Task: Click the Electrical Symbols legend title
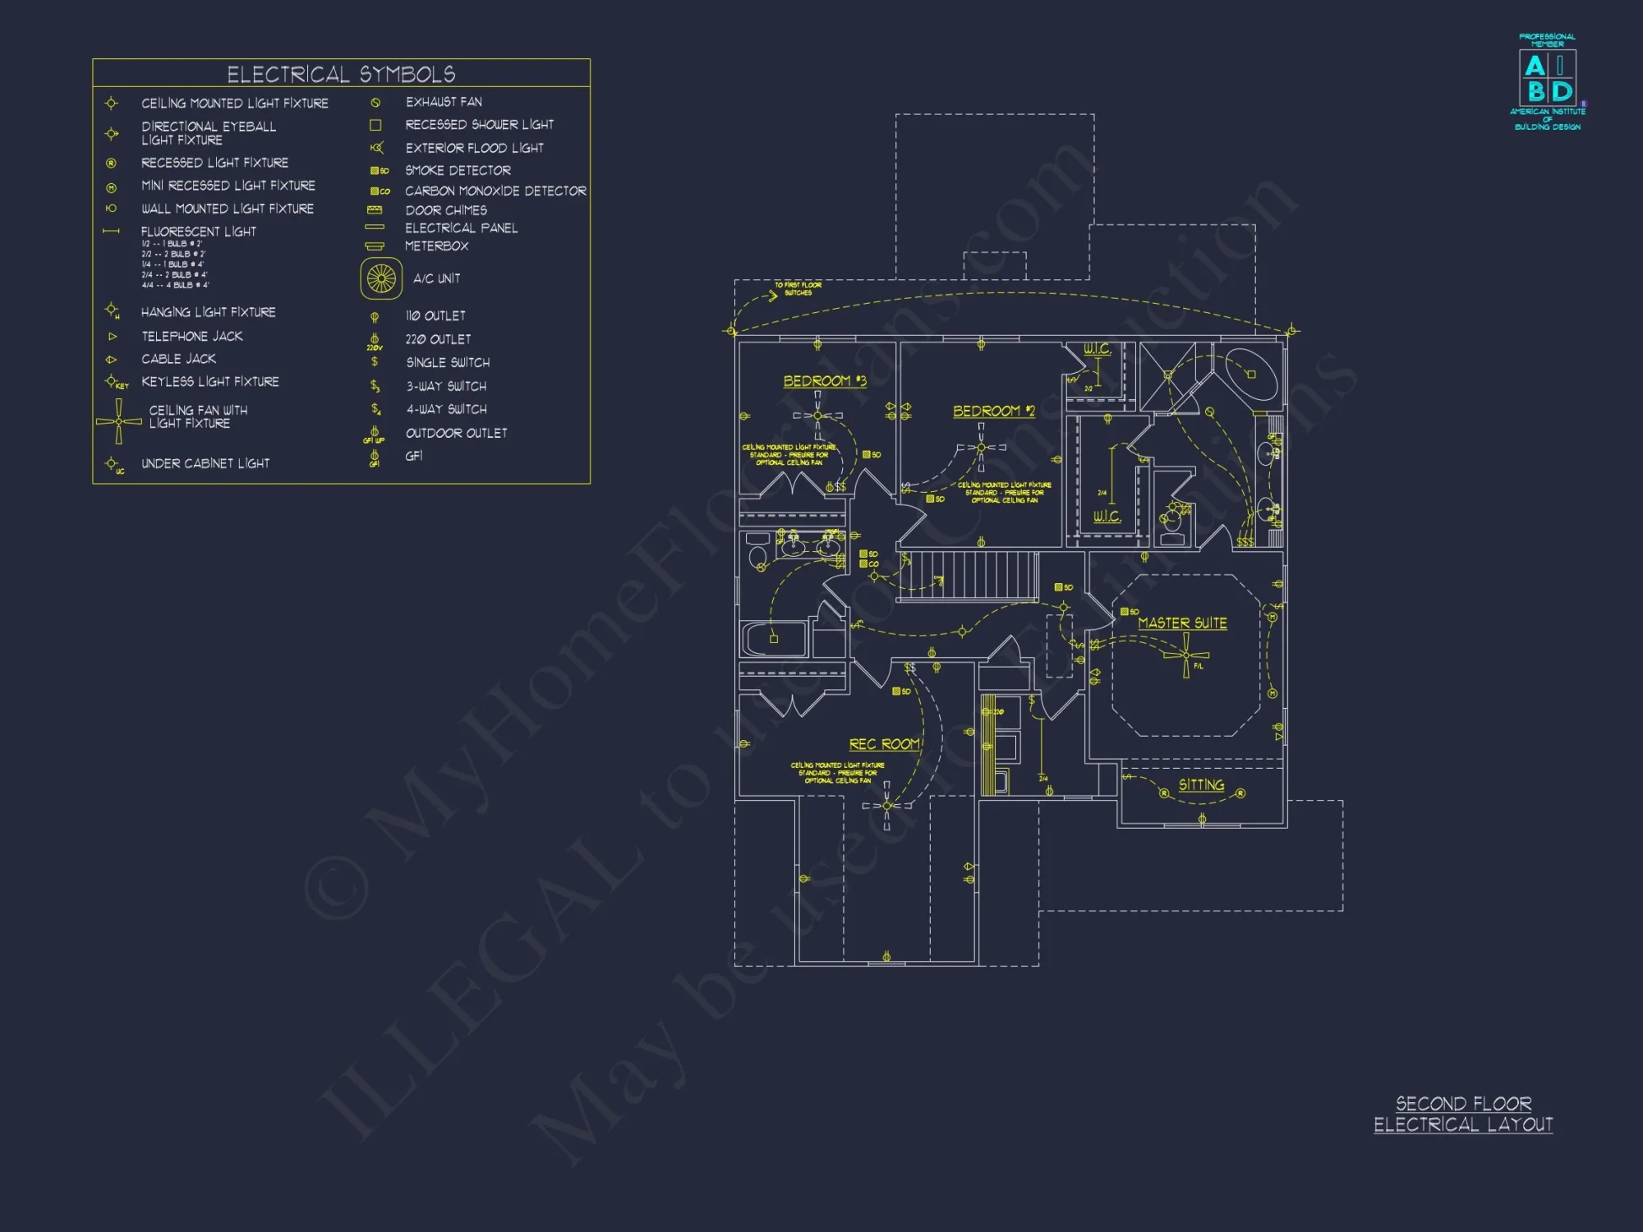(x=341, y=74)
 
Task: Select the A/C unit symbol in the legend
(x=381, y=278)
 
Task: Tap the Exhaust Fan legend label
(x=444, y=102)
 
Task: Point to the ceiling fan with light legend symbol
(x=119, y=421)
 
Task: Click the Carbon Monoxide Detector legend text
(x=495, y=191)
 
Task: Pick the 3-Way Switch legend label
(x=446, y=386)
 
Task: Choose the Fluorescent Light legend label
(x=199, y=232)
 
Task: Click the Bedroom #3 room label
(x=825, y=381)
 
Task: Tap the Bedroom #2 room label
(x=994, y=411)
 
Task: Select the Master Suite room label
(x=1182, y=623)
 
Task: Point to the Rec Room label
(x=884, y=744)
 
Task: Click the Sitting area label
(x=1201, y=785)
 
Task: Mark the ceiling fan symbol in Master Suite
(x=1185, y=655)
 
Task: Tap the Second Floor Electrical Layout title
(x=1463, y=1115)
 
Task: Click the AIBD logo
(x=1548, y=79)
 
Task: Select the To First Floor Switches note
(x=798, y=289)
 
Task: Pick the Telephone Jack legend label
(x=192, y=337)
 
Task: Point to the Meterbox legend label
(x=436, y=246)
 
